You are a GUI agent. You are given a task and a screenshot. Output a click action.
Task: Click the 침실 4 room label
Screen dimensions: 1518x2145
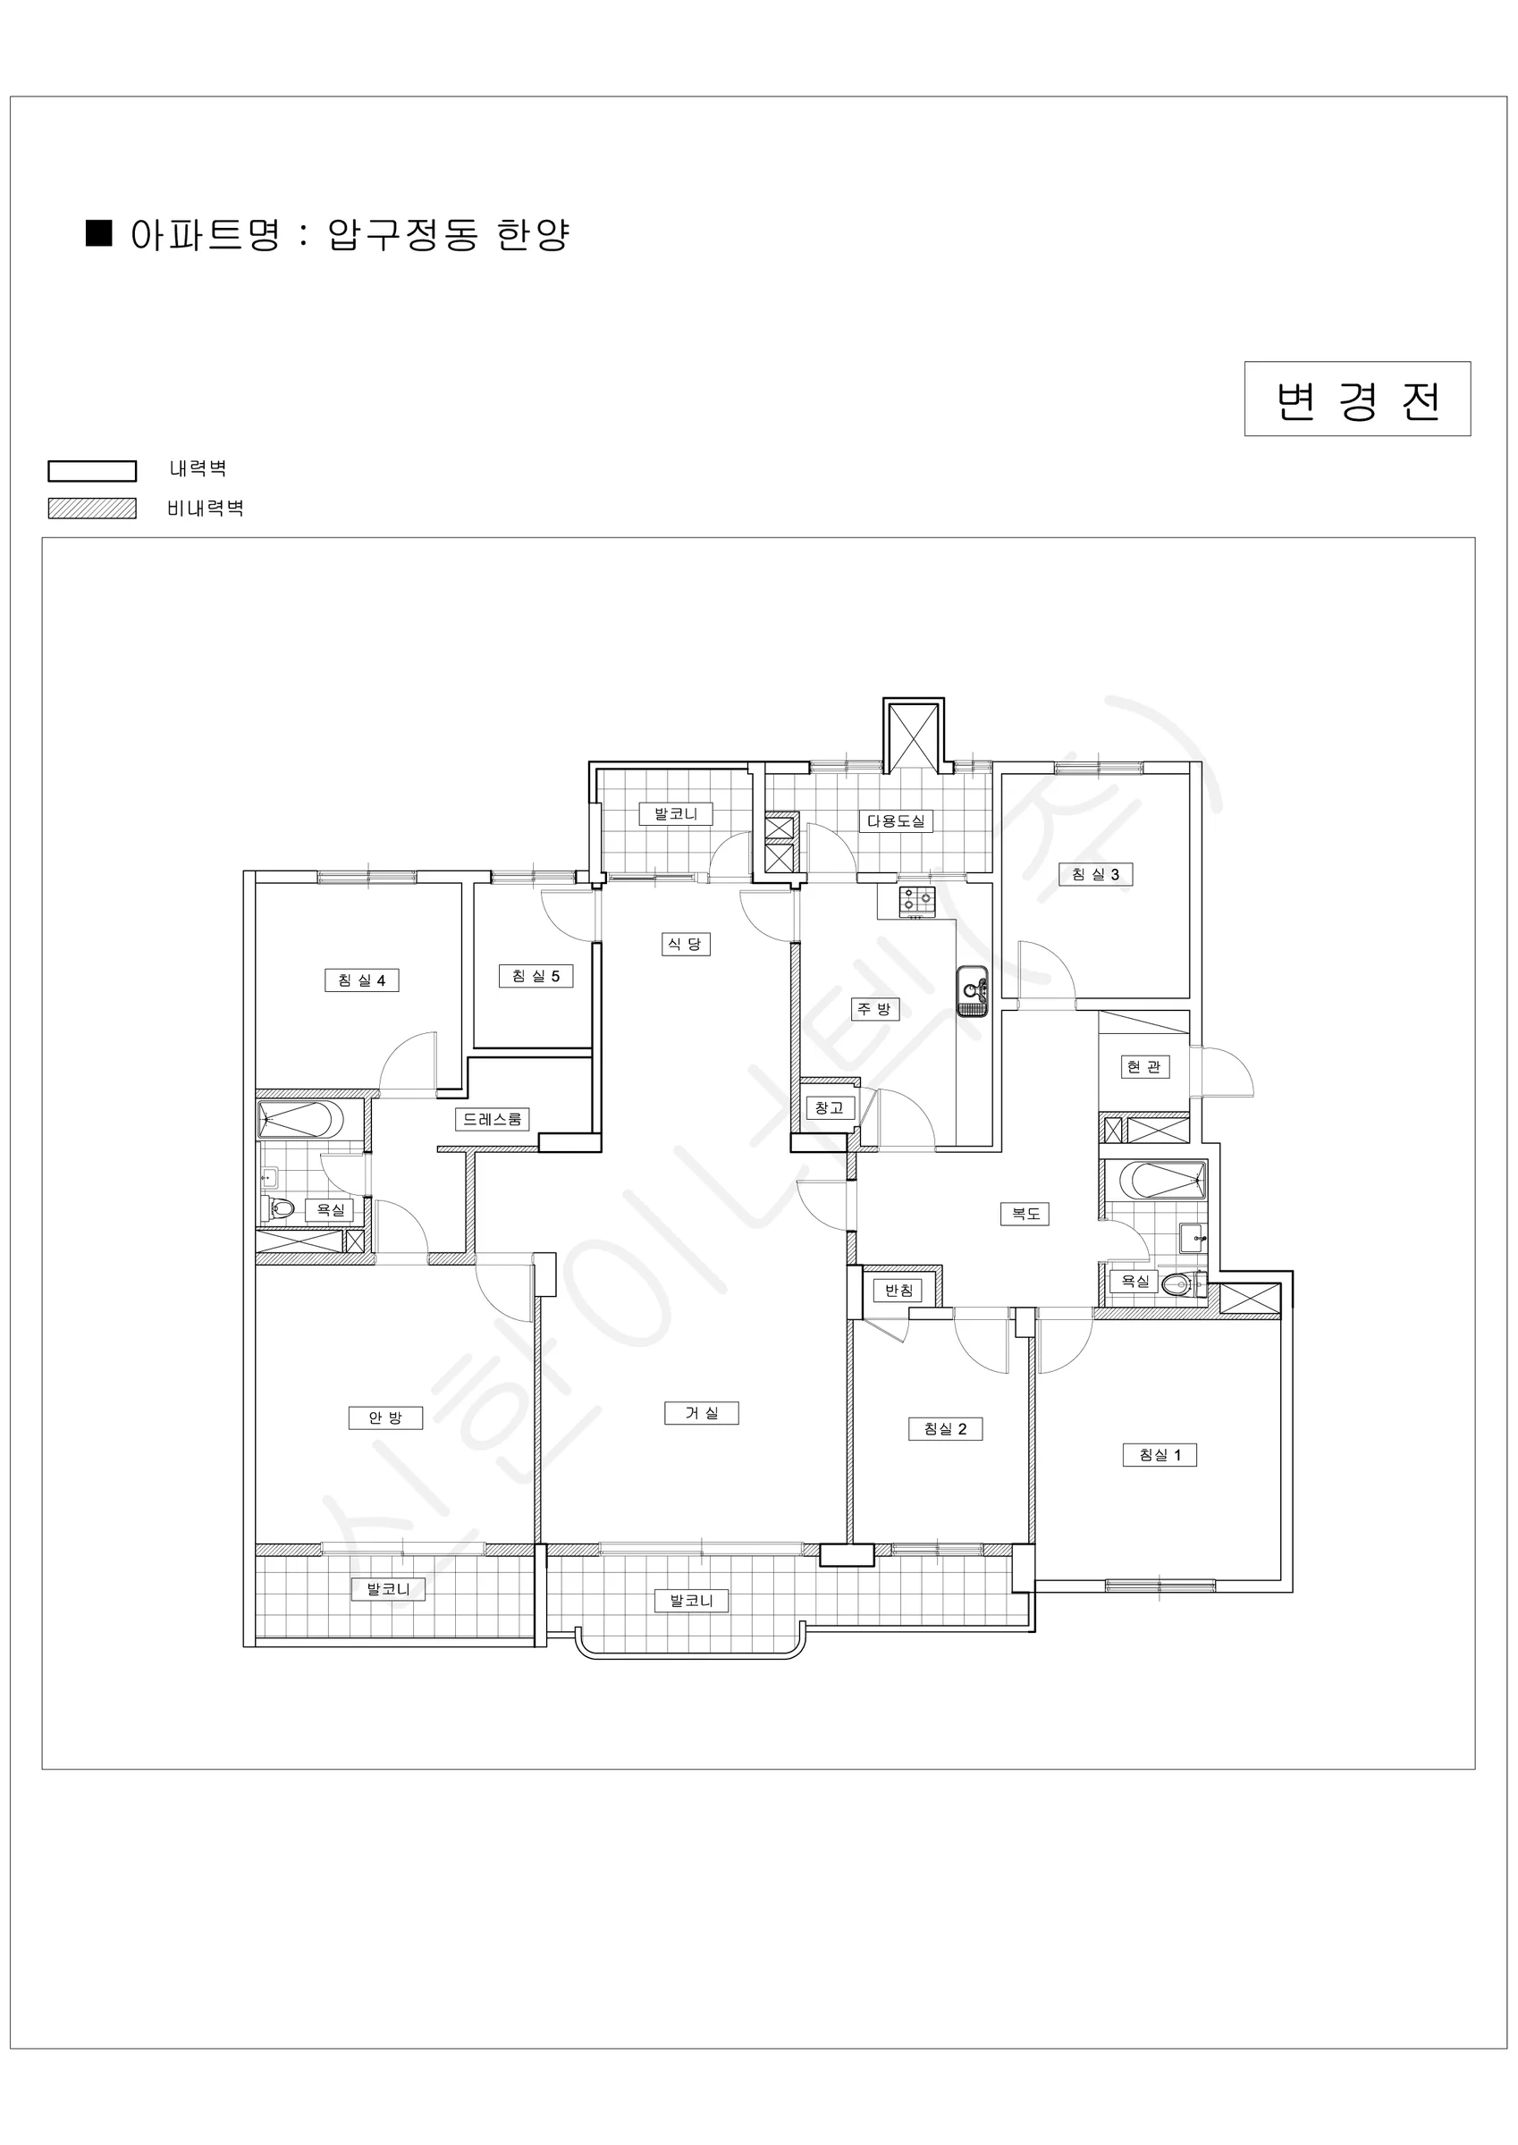362,980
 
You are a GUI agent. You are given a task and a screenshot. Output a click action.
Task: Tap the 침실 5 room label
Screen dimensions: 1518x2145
536,976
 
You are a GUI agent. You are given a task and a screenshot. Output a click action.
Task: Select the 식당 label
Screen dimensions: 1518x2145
687,945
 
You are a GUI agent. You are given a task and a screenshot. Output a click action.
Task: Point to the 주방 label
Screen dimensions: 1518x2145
875,1009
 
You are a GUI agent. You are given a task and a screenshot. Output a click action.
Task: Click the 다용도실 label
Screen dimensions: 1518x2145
896,821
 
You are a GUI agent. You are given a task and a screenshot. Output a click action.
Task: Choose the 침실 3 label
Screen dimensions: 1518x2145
1095,874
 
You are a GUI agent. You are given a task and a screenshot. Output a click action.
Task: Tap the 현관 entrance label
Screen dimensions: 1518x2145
1145,1067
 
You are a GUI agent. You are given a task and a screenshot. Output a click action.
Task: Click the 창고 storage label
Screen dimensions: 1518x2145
830,1108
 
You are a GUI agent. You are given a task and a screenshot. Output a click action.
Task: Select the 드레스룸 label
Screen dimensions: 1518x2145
493,1119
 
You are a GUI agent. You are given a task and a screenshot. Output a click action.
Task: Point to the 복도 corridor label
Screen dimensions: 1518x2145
1025,1215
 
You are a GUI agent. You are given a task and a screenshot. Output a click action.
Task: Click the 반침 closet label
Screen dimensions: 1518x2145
898,1291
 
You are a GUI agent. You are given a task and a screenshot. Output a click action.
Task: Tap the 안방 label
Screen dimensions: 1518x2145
385,1418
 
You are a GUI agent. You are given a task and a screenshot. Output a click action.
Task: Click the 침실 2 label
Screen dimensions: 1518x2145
946,1428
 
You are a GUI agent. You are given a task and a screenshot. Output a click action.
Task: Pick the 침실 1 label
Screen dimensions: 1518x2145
1160,1455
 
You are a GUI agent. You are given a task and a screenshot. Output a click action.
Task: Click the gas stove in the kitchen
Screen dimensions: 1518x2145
917,902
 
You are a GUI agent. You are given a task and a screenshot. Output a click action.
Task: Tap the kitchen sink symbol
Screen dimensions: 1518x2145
971,989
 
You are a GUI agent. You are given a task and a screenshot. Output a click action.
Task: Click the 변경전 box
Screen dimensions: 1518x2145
1357,399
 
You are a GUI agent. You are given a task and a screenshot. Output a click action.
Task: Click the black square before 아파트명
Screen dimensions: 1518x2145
99,232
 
